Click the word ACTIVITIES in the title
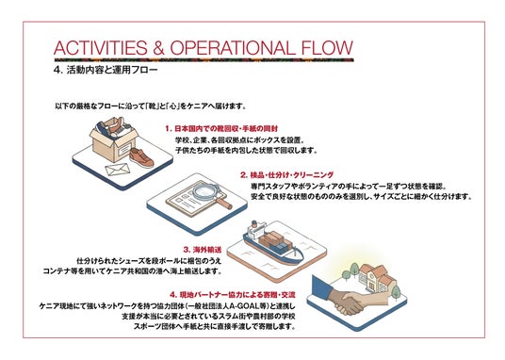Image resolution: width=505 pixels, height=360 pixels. [x=101, y=48]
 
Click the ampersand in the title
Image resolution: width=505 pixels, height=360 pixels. [x=158, y=48]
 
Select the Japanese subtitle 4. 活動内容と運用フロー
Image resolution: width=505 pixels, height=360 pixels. [x=106, y=70]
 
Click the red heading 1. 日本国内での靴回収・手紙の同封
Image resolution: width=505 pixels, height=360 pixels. [x=221, y=128]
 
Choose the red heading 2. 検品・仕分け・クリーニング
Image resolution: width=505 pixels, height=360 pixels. [x=287, y=175]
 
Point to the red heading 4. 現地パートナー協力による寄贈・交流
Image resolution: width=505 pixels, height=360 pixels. [x=233, y=295]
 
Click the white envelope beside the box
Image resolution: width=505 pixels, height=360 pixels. [x=118, y=169]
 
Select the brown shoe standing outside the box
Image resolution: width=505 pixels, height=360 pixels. [x=141, y=157]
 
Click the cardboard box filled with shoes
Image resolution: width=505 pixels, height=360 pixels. [x=114, y=139]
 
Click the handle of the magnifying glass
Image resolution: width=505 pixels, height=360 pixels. [x=224, y=203]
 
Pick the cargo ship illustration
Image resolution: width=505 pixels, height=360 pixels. [x=273, y=243]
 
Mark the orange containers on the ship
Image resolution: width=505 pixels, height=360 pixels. [x=269, y=238]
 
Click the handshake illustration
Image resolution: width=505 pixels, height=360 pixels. [x=350, y=303]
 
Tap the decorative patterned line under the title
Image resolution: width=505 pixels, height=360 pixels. [x=204, y=60]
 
